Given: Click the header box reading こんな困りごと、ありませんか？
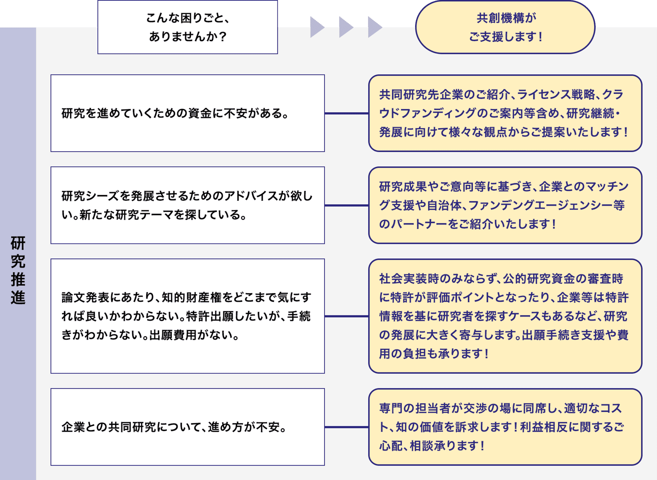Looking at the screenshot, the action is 188,27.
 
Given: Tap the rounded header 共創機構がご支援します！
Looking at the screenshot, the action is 505,27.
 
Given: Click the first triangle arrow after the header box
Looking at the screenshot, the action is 317,27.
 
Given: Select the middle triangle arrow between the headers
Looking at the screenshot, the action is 346,27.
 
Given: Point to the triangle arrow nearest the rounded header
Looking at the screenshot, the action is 375,27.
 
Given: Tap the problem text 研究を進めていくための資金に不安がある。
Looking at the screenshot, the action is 175,113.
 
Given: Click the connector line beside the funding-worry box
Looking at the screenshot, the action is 346,113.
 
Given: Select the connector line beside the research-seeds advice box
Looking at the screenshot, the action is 346,205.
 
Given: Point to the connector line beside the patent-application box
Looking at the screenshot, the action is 346,316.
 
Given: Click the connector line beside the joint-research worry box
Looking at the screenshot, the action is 346,427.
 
